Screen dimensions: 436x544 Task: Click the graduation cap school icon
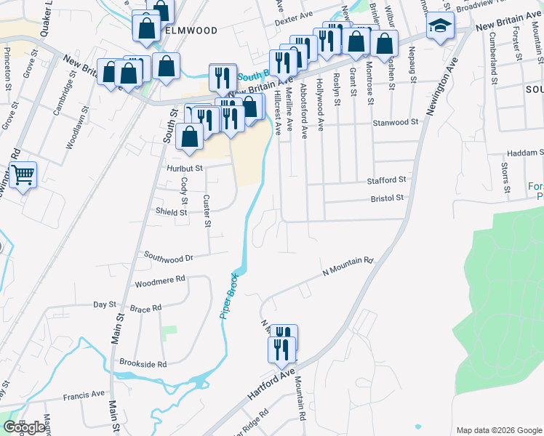(439, 26)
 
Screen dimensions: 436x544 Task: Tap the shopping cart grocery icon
(23, 174)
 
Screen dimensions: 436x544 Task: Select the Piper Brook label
(228, 301)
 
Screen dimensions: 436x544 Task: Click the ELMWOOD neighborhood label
(191, 31)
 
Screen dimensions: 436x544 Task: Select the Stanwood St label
(396, 122)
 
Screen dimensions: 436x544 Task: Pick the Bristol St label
(387, 198)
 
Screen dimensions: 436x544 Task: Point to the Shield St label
(171, 212)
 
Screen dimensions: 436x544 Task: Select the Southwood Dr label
(168, 257)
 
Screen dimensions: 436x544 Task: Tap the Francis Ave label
(84, 396)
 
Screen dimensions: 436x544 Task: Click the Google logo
(24, 427)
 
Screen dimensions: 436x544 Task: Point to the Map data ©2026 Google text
(498, 430)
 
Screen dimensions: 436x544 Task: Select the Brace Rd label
(145, 309)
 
